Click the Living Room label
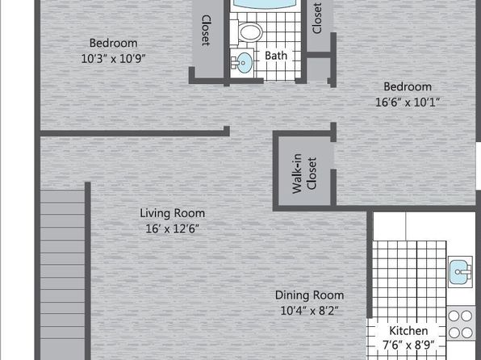point(173,213)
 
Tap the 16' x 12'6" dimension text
point(173,228)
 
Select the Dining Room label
point(309,295)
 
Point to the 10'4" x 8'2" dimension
point(309,311)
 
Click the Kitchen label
point(408,330)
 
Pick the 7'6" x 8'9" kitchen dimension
point(408,345)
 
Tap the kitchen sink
point(460,272)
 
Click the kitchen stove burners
point(461,324)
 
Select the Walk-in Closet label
point(304,174)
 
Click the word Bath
point(276,56)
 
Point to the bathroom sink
point(242,63)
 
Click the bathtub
point(266,4)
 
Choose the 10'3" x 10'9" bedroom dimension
point(113,58)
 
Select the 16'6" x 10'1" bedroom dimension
point(408,102)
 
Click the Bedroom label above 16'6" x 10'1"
point(408,86)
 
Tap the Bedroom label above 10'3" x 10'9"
point(113,43)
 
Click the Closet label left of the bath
point(206,31)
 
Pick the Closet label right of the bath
point(317,18)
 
